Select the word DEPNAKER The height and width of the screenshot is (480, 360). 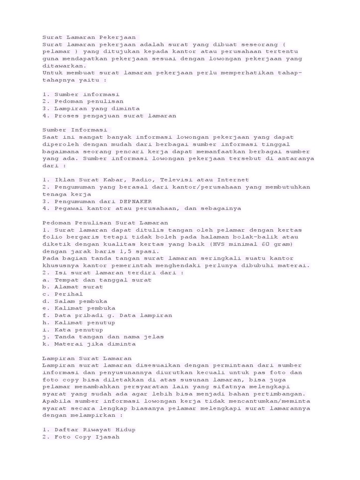129,201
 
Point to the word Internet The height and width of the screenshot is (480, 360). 233,180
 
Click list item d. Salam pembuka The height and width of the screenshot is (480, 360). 75,301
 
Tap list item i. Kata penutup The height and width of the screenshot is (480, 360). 73,330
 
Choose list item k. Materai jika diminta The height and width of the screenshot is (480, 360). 89,344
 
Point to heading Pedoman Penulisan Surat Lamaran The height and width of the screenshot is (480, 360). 105,223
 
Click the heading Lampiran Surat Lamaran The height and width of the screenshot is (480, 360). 87,358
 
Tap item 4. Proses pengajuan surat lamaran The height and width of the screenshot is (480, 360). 109,115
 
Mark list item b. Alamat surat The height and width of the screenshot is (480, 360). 73,287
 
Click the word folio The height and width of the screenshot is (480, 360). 52,237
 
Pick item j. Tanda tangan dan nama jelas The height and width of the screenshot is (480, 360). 103,337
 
